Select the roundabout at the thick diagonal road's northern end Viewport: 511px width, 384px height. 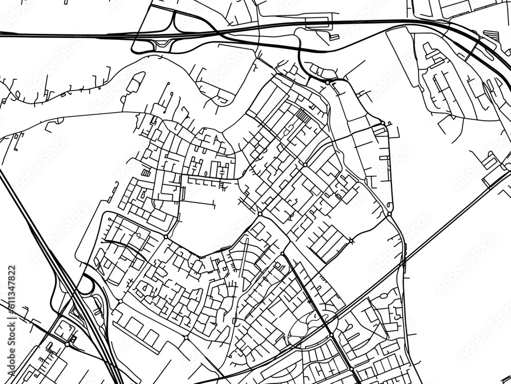tap(282, 253)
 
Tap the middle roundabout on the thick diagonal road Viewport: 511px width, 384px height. tap(331, 334)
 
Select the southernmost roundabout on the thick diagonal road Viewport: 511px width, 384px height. tap(351, 368)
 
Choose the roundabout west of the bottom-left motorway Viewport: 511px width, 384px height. tap(67, 345)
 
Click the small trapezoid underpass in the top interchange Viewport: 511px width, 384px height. tap(164, 42)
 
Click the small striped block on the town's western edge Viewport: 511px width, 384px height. tap(146, 173)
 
